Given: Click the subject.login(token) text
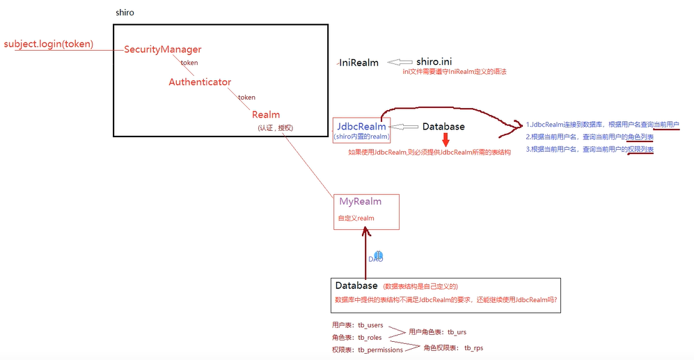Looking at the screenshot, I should [x=49, y=45].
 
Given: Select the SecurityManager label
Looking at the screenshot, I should [x=163, y=49].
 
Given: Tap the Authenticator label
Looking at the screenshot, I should [x=200, y=82].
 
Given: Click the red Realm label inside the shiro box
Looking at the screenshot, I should [x=266, y=115].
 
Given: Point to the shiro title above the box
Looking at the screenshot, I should [x=125, y=13].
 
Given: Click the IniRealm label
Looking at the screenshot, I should [x=359, y=63].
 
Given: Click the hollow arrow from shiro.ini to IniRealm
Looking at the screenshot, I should [x=400, y=61].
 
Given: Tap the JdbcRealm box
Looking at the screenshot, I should [x=361, y=130].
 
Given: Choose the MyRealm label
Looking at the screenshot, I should [x=361, y=202].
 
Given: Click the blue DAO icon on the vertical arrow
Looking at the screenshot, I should [x=378, y=256].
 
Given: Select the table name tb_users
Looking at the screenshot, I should [x=370, y=325].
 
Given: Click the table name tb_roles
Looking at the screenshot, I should [x=370, y=337].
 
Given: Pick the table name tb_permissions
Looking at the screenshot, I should [x=380, y=350].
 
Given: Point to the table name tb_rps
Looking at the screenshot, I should [x=473, y=347].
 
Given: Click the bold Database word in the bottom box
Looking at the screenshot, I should [x=356, y=285].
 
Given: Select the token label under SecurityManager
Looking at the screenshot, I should [x=189, y=63].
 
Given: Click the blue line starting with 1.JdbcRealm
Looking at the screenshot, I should [x=602, y=125].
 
